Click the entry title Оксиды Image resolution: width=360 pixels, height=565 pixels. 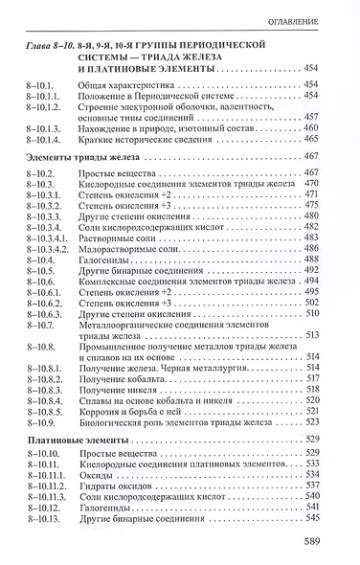pyautogui.click(x=94, y=499)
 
